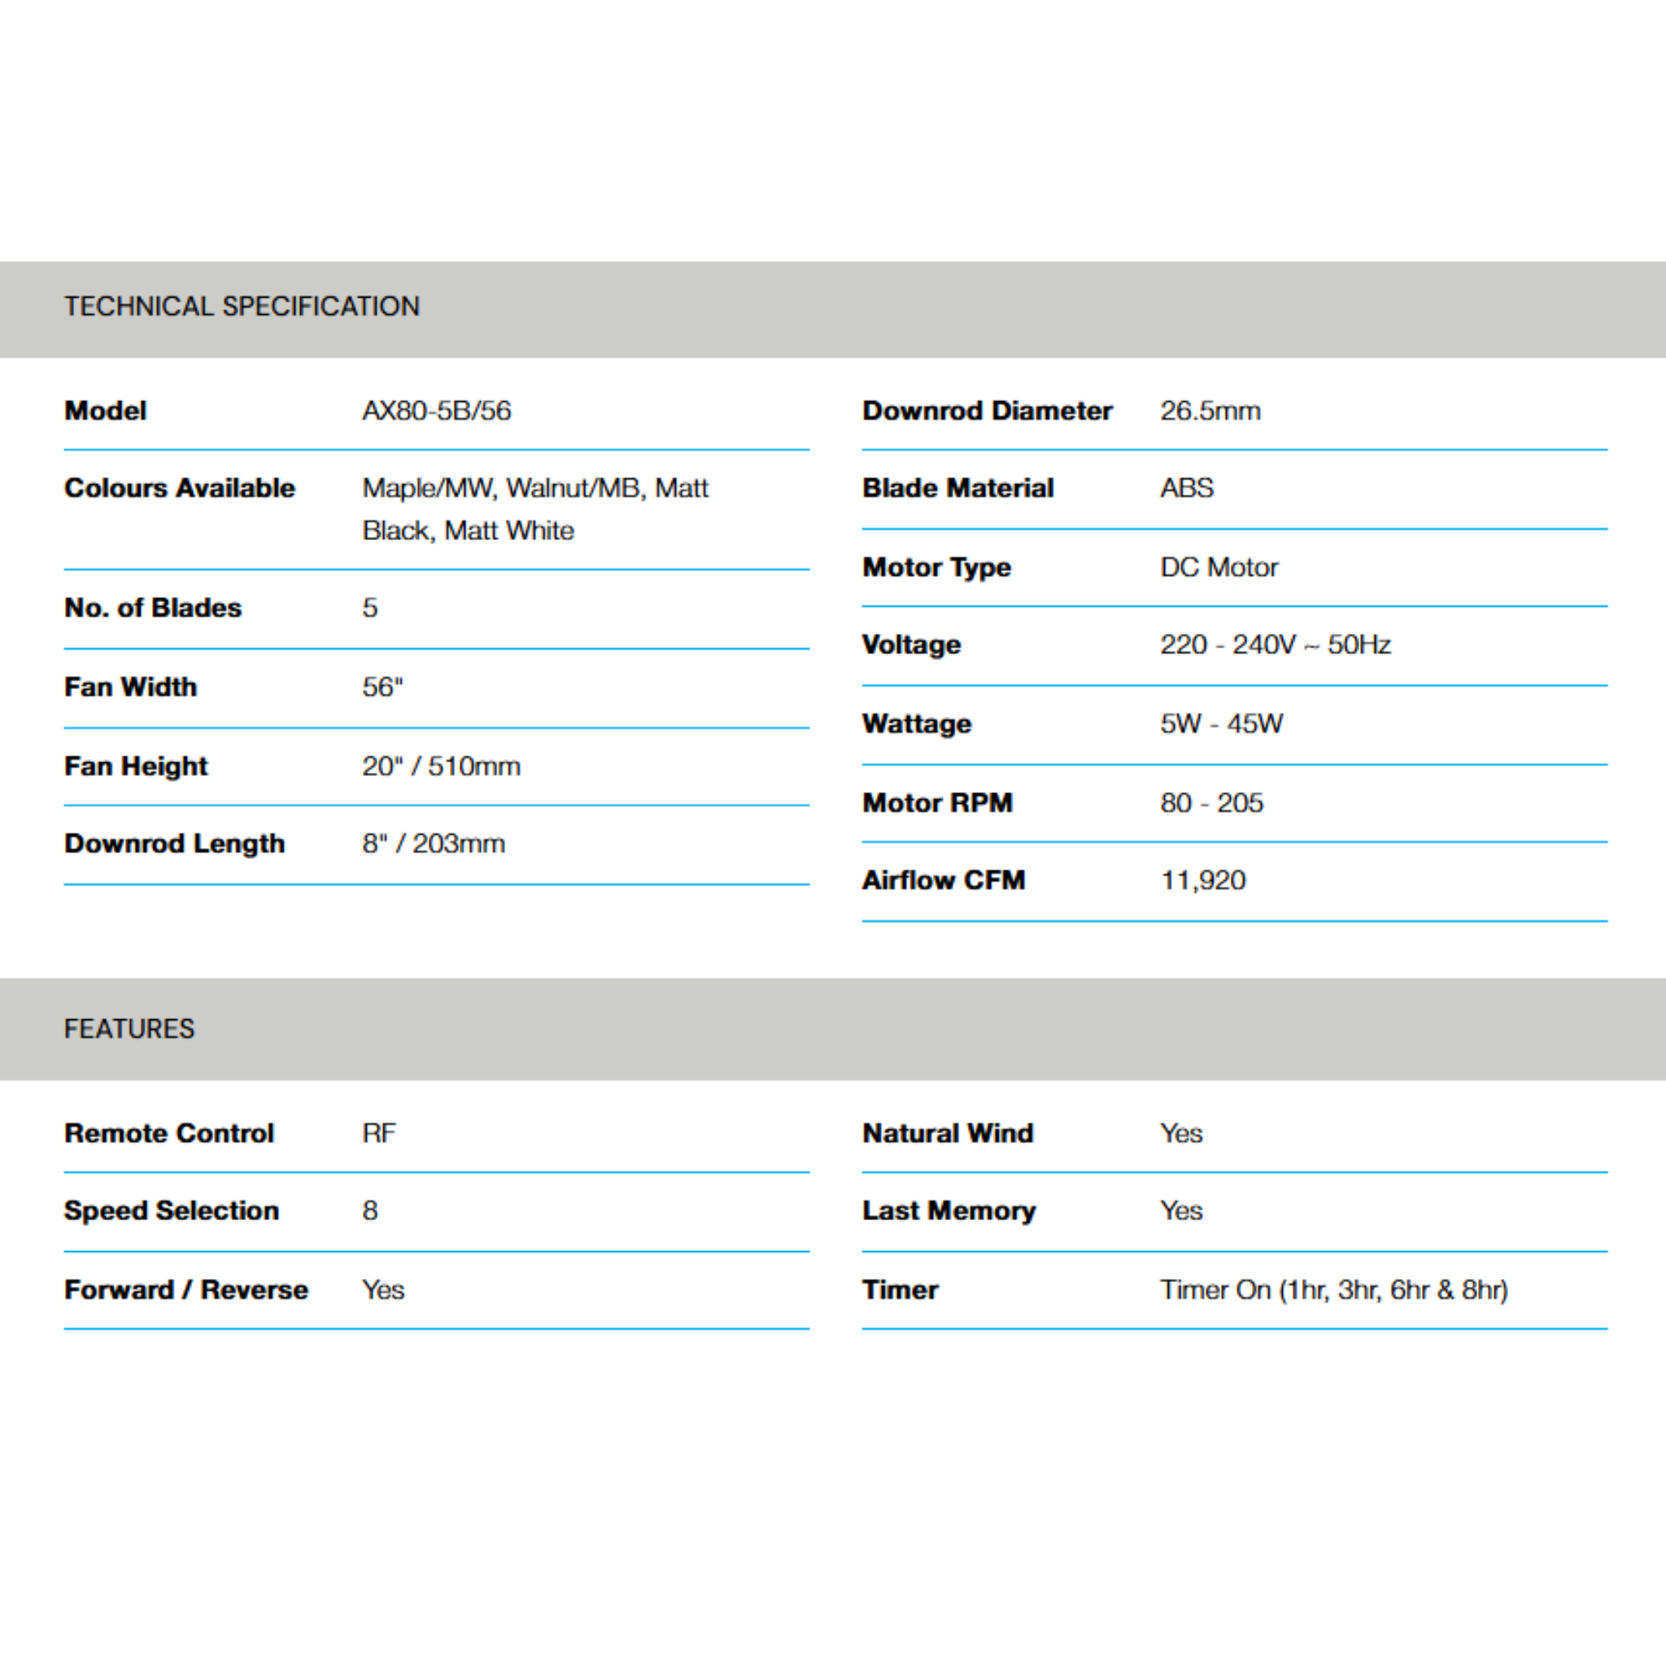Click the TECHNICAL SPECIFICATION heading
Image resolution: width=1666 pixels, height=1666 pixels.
tap(242, 306)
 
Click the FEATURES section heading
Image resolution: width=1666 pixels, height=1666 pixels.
tap(129, 1029)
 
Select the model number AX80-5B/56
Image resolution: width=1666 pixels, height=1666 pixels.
tap(436, 411)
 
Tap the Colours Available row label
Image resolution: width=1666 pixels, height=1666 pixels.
tap(179, 488)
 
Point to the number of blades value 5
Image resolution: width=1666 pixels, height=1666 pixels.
tap(370, 608)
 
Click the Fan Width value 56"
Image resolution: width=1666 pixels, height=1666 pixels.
tap(383, 687)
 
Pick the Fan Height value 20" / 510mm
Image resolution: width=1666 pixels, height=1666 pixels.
tap(442, 765)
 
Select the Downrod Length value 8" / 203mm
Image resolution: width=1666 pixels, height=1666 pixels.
tap(434, 844)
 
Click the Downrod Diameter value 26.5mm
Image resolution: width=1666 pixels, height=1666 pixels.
tap(1210, 411)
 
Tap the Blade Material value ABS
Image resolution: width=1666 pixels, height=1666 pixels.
tap(1187, 488)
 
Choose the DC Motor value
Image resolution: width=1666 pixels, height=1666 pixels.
tap(1219, 568)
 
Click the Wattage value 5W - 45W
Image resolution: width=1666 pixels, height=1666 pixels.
tap(1221, 723)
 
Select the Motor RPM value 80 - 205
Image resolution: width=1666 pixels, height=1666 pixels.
tap(1211, 803)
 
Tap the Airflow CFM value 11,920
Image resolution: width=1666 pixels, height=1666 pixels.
tap(1203, 880)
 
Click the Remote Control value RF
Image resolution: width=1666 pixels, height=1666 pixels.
tap(379, 1133)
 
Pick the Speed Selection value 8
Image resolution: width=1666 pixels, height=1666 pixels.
tap(370, 1210)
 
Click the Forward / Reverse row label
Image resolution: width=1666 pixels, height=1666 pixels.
tap(186, 1290)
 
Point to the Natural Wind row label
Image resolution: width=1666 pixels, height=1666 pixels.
tap(948, 1133)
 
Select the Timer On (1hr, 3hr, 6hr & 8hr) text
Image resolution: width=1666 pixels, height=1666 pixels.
tap(1334, 1290)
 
